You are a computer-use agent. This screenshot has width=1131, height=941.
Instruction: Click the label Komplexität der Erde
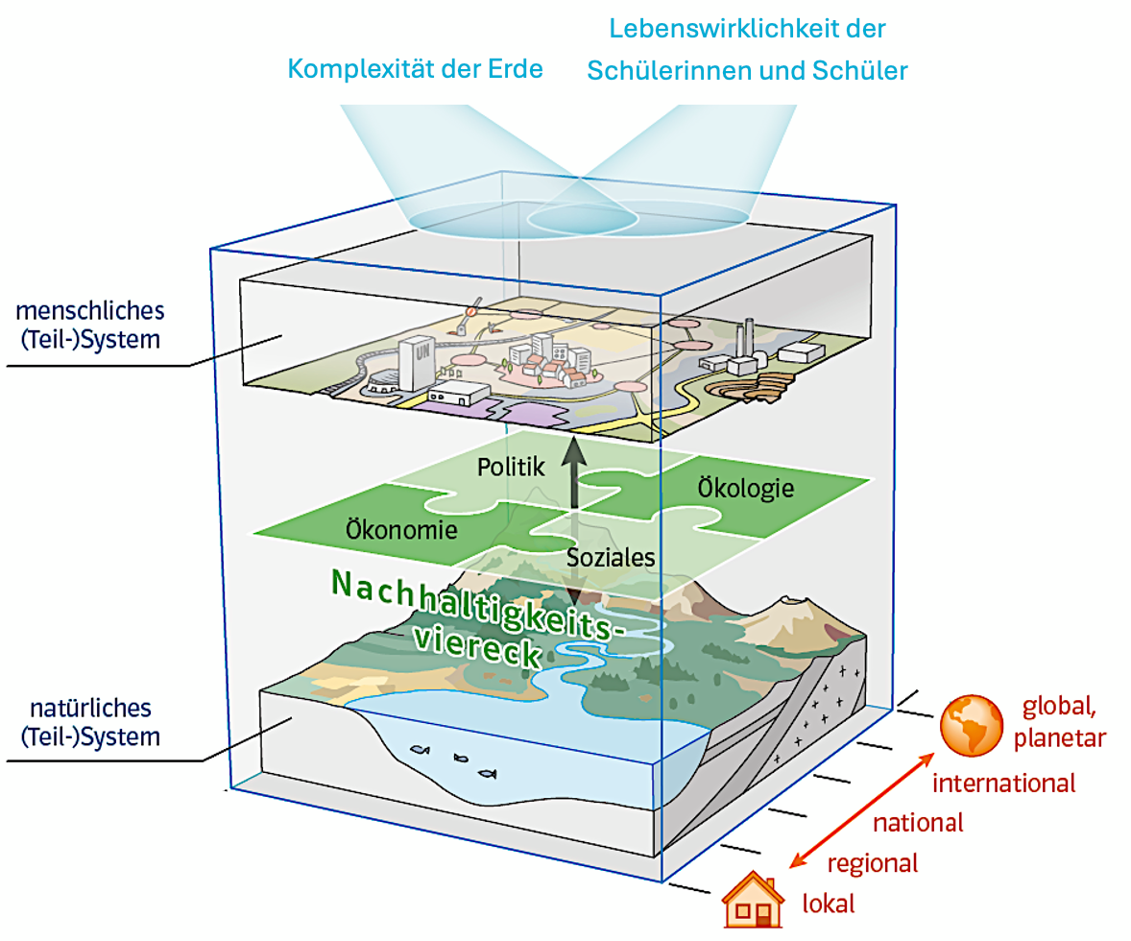pyautogui.click(x=415, y=69)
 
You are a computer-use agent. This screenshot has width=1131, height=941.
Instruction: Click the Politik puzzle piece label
pyautogui.click(x=511, y=468)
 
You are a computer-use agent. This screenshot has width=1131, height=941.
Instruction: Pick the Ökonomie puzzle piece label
pyautogui.click(x=401, y=527)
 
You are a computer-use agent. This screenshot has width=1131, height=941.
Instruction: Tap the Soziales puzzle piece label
pyautogui.click(x=611, y=558)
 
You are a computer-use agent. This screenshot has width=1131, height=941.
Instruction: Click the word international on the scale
pyautogui.click(x=1004, y=784)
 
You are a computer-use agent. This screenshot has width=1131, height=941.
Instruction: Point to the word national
pyautogui.click(x=917, y=823)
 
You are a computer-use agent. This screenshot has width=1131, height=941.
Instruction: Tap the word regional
pyautogui.click(x=872, y=863)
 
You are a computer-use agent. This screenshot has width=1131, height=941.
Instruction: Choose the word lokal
pyautogui.click(x=828, y=904)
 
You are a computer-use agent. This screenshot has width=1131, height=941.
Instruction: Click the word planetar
pyautogui.click(x=1060, y=737)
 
